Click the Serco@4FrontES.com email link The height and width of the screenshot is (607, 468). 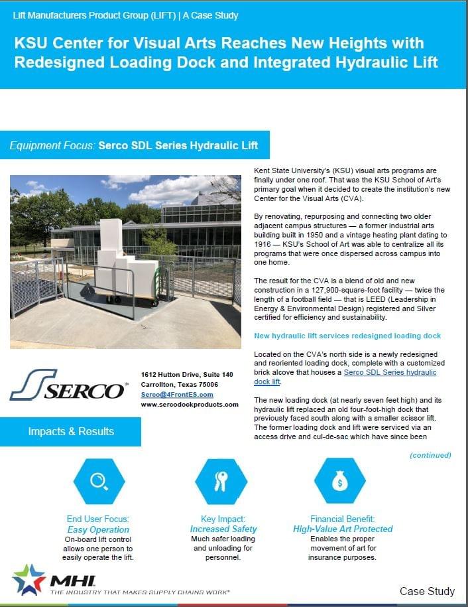pyautogui.click(x=177, y=394)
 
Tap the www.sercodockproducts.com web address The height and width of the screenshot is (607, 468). pyautogui.click(x=190, y=404)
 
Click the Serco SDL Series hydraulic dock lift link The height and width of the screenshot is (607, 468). pyautogui.click(x=390, y=372)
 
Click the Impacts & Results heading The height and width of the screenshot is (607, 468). pyautogui.click(x=71, y=431)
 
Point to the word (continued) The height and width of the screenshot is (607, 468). pyautogui.click(x=430, y=455)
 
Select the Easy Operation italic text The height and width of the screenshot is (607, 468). pyautogui.click(x=98, y=529)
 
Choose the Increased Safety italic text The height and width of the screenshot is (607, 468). pyautogui.click(x=223, y=529)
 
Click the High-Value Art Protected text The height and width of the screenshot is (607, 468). pyautogui.click(x=343, y=529)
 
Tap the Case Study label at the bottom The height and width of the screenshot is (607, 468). pyautogui.click(x=427, y=591)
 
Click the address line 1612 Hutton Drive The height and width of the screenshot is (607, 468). pyautogui.click(x=187, y=375)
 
